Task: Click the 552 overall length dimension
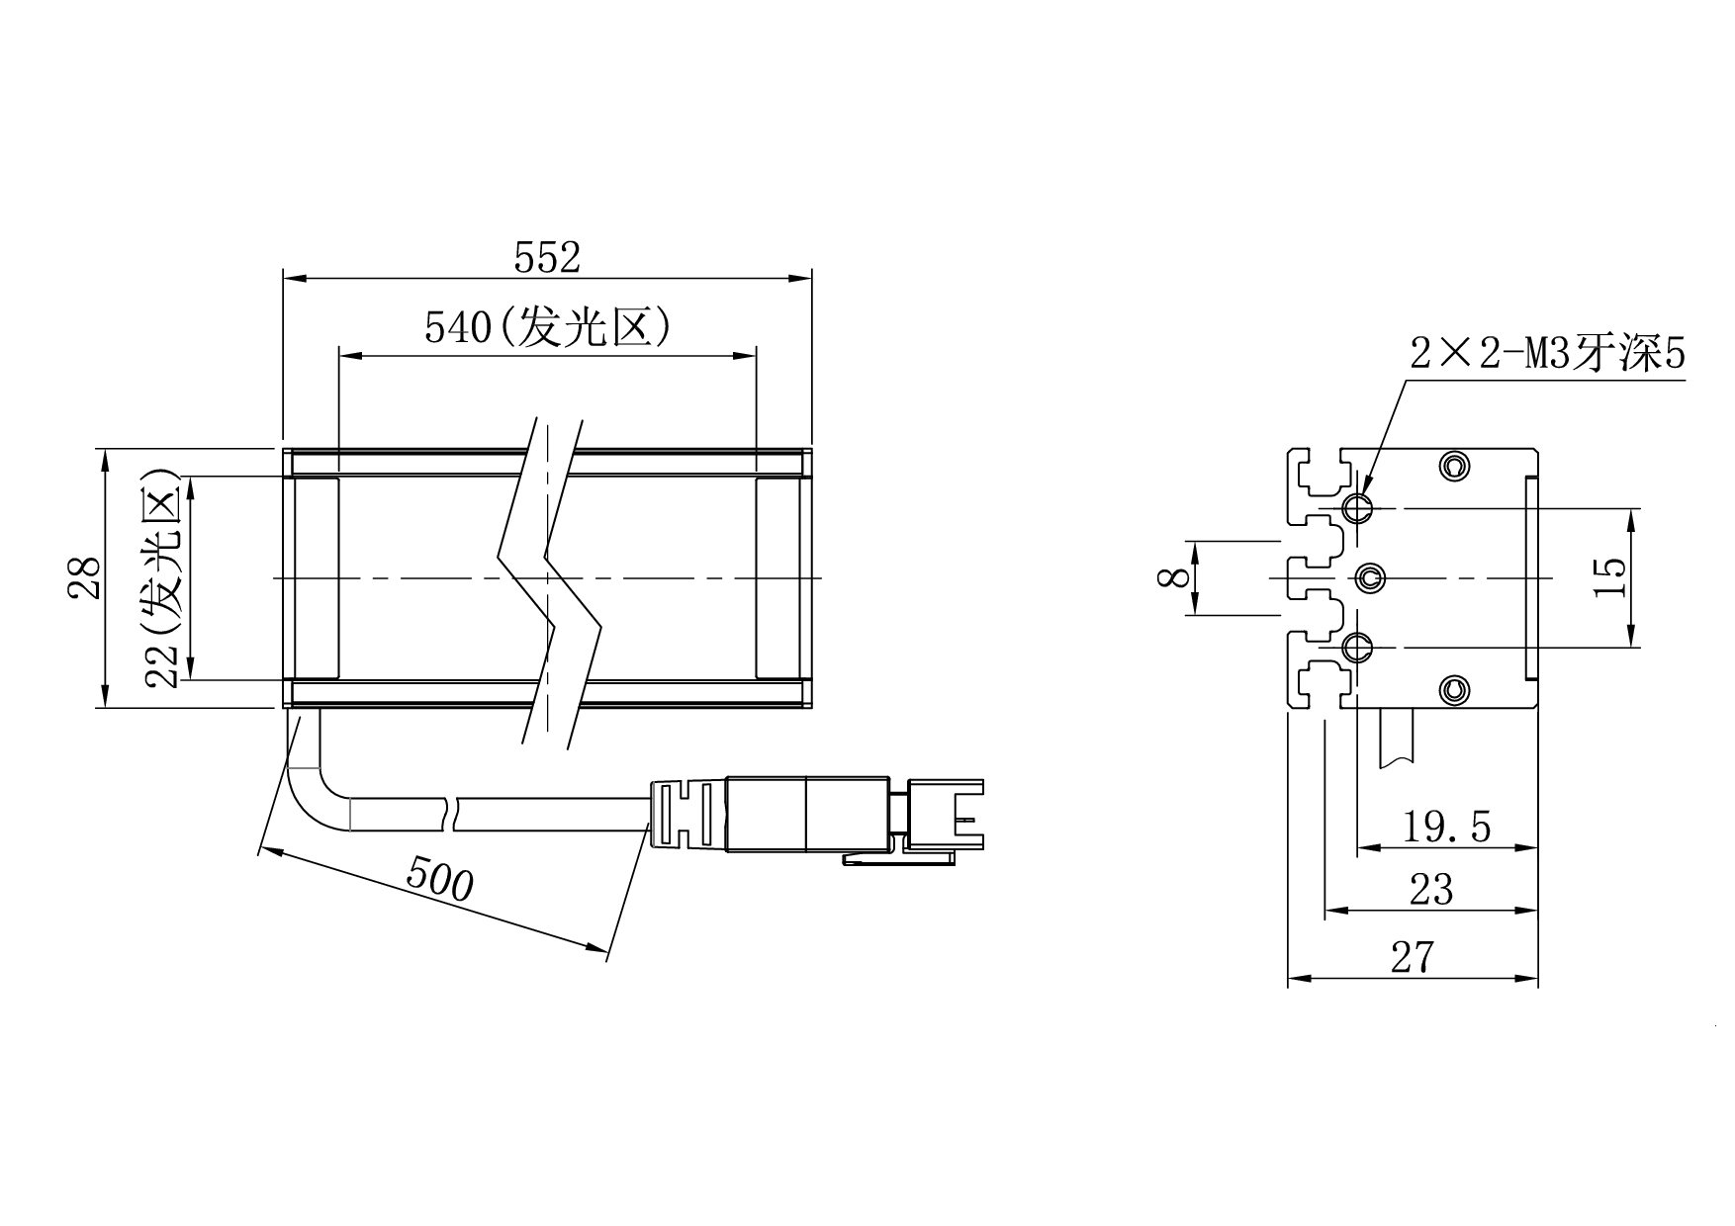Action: (x=547, y=258)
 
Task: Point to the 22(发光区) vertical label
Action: (x=160, y=577)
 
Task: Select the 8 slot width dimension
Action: (x=1174, y=577)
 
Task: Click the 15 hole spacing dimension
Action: (x=1609, y=578)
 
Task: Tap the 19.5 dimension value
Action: (x=1446, y=827)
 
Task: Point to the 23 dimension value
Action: (x=1431, y=891)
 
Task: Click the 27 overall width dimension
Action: (x=1413, y=957)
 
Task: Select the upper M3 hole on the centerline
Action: (x=1357, y=509)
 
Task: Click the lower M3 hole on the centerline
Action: (x=1357, y=648)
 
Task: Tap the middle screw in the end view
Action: (x=1369, y=577)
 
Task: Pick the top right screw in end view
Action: (x=1452, y=466)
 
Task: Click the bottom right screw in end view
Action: (x=1452, y=690)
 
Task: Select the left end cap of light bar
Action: (x=316, y=578)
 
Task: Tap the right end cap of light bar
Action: (x=779, y=578)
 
